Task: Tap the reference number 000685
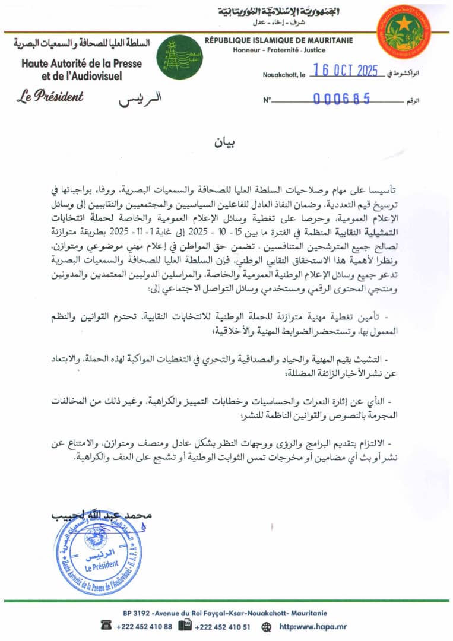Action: pos(342,99)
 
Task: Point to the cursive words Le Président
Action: pos(50,96)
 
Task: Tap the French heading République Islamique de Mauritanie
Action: pos(278,40)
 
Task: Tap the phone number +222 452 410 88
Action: pos(144,626)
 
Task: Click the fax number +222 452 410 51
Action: pos(222,626)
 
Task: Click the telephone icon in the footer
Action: pos(107,626)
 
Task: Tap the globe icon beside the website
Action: pos(266,626)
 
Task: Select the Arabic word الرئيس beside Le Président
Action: pos(132,99)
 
